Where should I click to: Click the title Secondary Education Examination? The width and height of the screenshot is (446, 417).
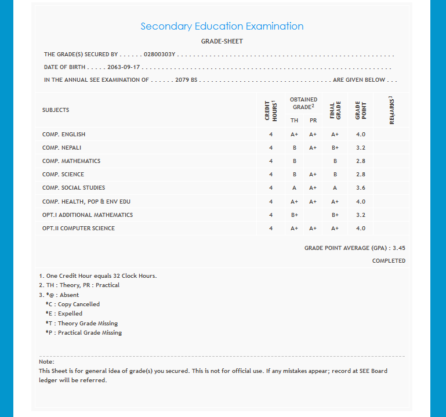[222, 26]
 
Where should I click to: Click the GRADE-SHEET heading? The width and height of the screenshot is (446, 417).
[222, 42]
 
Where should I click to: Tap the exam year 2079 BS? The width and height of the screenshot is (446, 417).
[186, 80]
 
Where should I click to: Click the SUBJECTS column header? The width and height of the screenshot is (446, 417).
[56, 110]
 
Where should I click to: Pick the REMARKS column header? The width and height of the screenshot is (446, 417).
[391, 110]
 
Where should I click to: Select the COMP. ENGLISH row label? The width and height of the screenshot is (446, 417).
[64, 135]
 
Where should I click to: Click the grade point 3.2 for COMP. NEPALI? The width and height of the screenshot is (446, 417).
[361, 148]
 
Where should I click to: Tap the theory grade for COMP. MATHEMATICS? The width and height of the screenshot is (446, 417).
[295, 161]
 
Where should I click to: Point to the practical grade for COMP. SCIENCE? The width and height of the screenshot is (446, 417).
[313, 175]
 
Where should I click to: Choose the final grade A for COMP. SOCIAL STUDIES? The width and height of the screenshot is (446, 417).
[335, 188]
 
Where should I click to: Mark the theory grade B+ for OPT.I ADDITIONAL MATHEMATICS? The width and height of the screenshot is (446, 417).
[295, 215]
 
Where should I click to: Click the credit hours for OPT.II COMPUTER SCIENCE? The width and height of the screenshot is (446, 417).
[270, 229]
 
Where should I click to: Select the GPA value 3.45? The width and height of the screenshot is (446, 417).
[399, 248]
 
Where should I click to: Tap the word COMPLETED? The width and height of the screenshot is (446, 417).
[389, 261]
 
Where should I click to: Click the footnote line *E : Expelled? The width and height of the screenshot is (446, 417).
[64, 314]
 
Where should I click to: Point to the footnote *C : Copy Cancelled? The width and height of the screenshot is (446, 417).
[72, 304]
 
